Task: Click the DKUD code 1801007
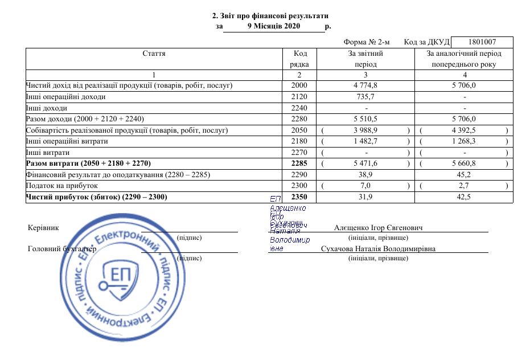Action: click(x=482, y=42)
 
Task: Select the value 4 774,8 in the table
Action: click(x=365, y=85)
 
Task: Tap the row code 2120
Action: click(x=299, y=97)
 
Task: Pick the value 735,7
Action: click(x=365, y=97)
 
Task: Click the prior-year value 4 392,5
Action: click(x=464, y=130)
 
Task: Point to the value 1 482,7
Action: click(x=365, y=141)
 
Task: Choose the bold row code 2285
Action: click(x=299, y=163)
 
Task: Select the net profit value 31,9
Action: click(x=365, y=197)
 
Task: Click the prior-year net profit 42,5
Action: click(x=465, y=197)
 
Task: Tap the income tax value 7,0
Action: click(x=365, y=186)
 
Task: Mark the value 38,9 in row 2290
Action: click(x=365, y=175)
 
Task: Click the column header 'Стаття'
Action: click(x=154, y=53)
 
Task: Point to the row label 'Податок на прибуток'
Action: click(x=62, y=186)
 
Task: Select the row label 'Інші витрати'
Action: click(x=48, y=153)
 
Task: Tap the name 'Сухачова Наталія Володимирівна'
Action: click(x=378, y=249)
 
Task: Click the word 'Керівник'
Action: click(x=43, y=227)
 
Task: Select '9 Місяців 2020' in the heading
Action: click(x=274, y=26)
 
